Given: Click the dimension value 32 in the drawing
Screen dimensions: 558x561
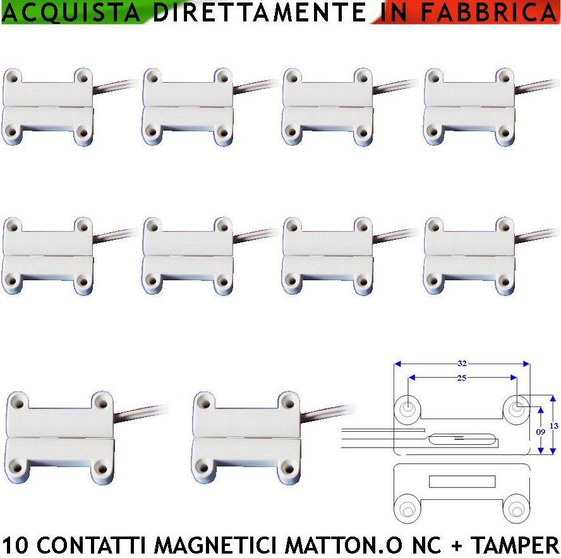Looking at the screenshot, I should pyautogui.click(x=462, y=363).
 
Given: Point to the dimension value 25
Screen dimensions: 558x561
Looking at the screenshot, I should pyautogui.click(x=462, y=377).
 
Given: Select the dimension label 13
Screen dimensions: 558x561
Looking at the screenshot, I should pyautogui.click(x=554, y=426).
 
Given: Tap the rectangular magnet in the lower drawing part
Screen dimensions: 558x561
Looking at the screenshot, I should pyautogui.click(x=462, y=482).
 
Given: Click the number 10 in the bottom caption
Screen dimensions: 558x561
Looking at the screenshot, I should pyautogui.click(x=14, y=545).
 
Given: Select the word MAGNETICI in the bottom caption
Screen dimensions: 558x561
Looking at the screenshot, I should pyautogui.click(x=210, y=545).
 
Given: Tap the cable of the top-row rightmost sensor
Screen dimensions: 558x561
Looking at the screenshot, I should pyautogui.click(x=537, y=85).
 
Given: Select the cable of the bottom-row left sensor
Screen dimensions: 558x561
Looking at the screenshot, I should pyautogui.click(x=142, y=413).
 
